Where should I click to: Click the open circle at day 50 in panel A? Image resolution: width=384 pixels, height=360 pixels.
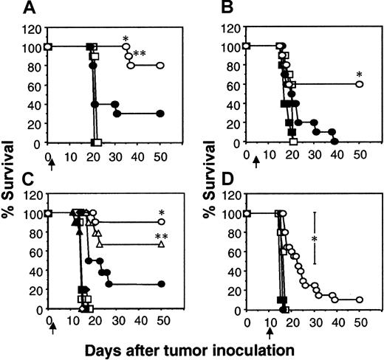click(160, 65)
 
